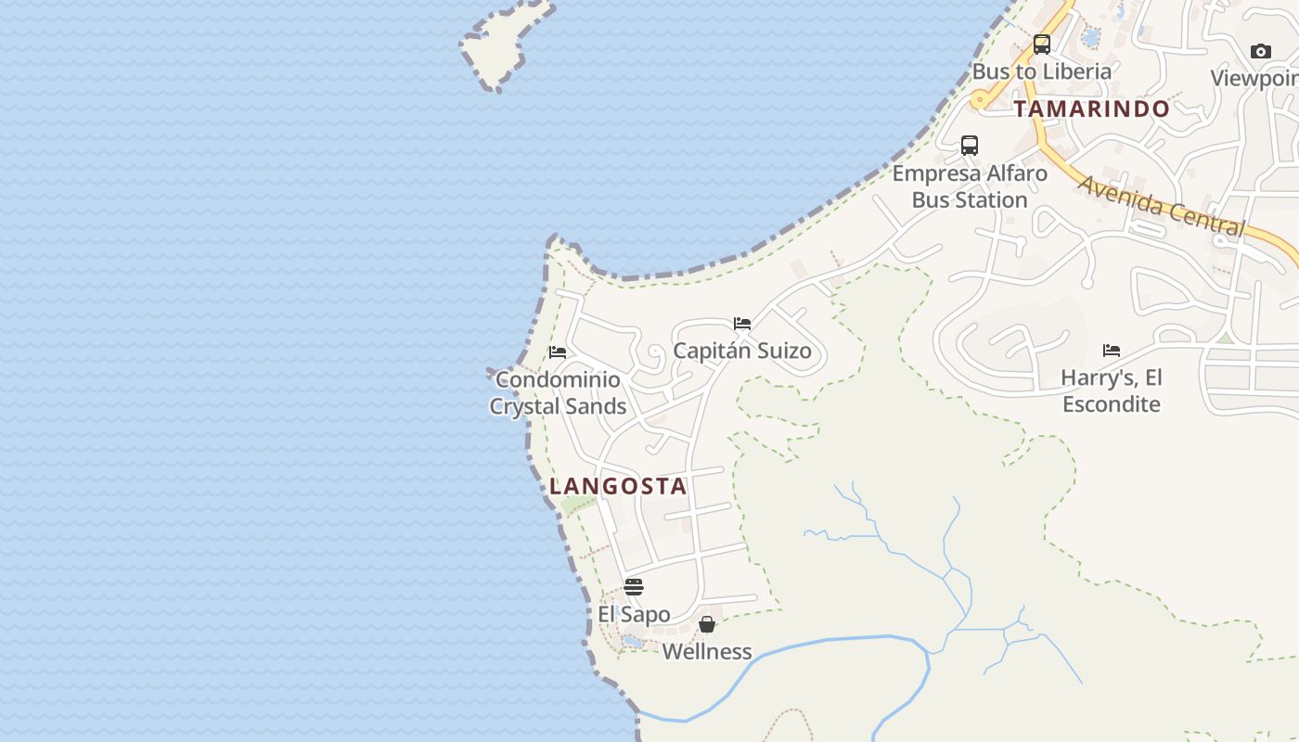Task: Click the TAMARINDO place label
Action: [1091, 109]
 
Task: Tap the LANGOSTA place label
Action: [618, 486]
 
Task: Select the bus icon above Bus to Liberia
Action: [1042, 45]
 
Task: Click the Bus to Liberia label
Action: [1041, 71]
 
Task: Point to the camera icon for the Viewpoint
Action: [1260, 51]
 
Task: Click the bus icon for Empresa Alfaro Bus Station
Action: [970, 146]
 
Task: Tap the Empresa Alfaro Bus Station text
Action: [970, 186]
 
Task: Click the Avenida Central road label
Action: [1161, 205]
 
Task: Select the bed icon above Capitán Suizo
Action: [742, 324]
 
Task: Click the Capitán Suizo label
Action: [742, 351]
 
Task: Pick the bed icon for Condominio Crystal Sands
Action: [558, 352]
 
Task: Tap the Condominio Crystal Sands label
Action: [558, 392]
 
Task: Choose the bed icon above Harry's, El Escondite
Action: [1112, 351]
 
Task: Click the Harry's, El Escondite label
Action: [1112, 390]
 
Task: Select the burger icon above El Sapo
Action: [634, 587]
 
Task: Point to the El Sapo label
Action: [634, 614]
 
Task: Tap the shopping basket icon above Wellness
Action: [707, 624]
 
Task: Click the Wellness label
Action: [707, 651]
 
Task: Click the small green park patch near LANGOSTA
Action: [578, 505]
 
